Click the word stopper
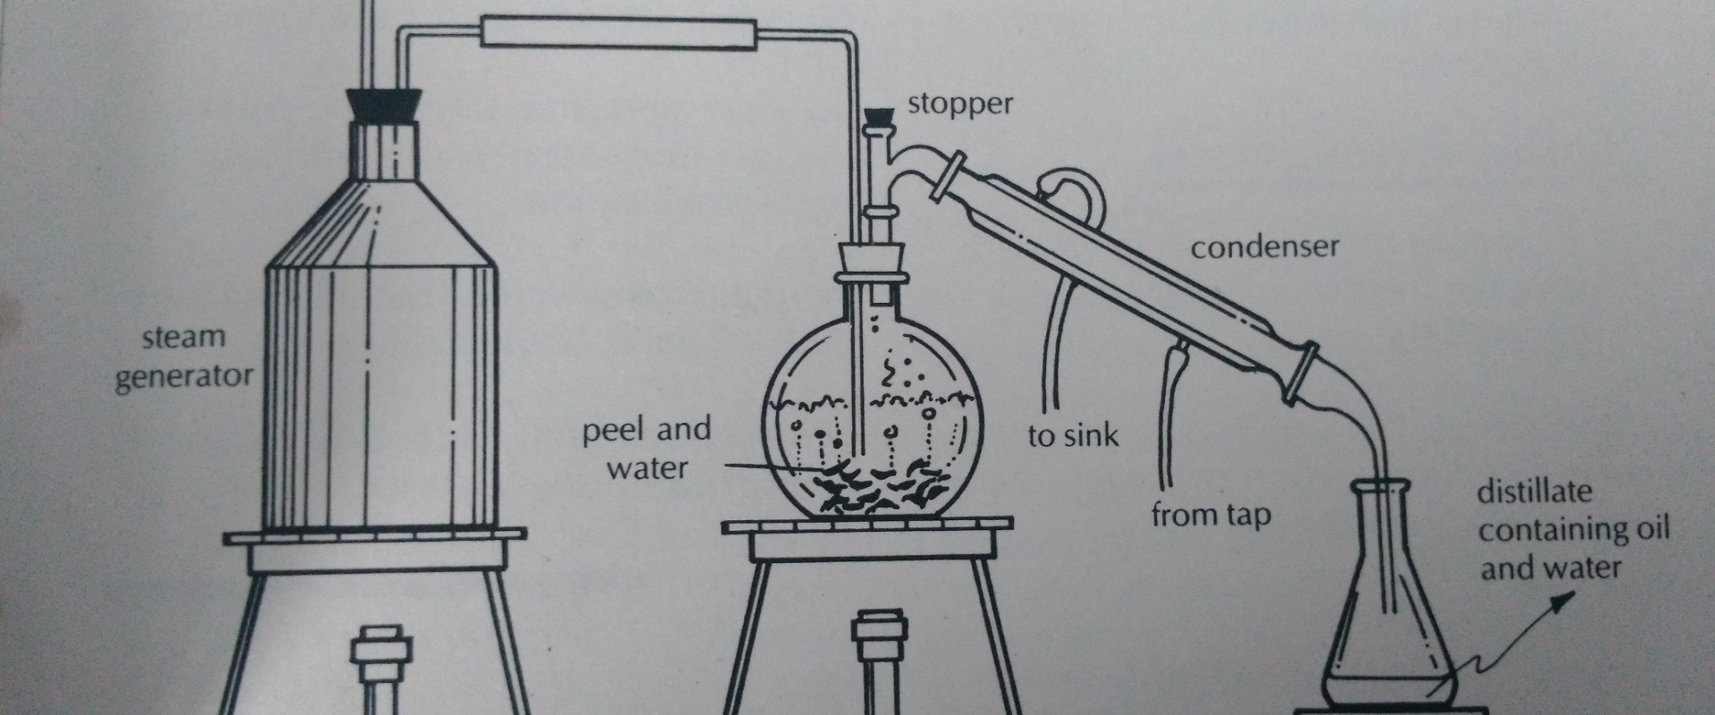click(x=960, y=105)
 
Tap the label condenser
click(x=1264, y=248)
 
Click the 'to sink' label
click(x=1072, y=436)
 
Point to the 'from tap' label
click(x=1210, y=516)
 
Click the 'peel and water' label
click(x=647, y=449)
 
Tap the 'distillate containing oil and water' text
click(x=1572, y=530)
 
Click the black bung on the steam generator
click(x=386, y=105)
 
